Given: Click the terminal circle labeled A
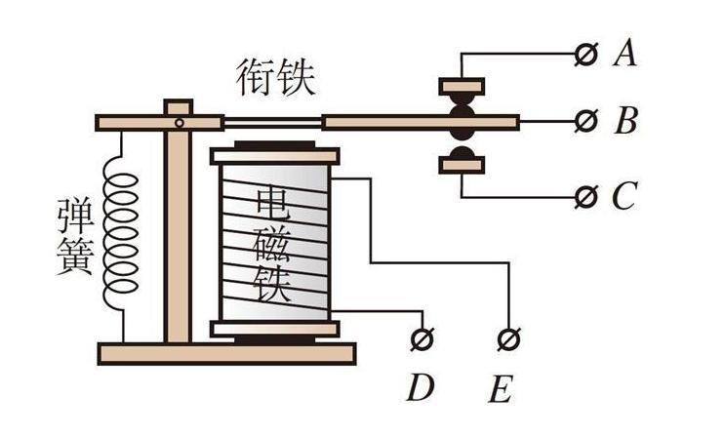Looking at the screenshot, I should pos(586,54).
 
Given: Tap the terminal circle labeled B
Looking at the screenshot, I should pos(586,121).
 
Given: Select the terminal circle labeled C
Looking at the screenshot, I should pos(586,196).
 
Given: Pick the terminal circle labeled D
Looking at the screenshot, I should pos(422,338).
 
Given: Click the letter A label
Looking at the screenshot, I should pos(624,54).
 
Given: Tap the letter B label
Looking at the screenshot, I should pos(625,122).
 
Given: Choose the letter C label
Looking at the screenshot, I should pos(624,197).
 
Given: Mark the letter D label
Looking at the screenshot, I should pos(421,388).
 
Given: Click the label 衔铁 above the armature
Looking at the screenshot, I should pos(277,77).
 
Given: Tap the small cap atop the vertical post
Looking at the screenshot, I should pos(177,106).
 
